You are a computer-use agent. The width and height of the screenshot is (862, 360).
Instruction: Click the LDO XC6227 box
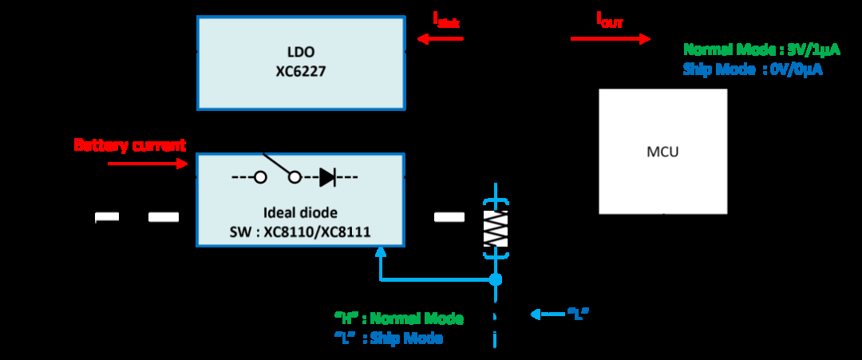301,63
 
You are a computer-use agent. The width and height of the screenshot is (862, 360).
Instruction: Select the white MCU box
663,151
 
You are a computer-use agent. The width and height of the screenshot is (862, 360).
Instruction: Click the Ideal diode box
301,200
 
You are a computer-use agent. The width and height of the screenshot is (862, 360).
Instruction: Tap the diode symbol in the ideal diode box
327,177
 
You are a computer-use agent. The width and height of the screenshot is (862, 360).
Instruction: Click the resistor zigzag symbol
496,227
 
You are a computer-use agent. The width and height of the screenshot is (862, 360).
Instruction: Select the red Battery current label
130,145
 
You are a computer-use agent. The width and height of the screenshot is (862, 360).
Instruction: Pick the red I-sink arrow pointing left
439,38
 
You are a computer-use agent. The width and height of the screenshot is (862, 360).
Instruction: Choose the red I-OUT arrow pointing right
611,38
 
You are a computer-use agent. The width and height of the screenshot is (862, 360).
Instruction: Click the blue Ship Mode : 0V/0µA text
753,69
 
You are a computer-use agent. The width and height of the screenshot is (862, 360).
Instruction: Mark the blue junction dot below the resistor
496,279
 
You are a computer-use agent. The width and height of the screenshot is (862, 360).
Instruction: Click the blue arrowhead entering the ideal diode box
380,252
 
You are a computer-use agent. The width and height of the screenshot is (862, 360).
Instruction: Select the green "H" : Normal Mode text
399,318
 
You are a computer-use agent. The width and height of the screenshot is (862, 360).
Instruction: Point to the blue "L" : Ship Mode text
389,338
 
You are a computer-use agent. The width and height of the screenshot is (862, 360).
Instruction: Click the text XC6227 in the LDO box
300,72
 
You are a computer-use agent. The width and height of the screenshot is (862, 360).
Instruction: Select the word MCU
662,152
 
